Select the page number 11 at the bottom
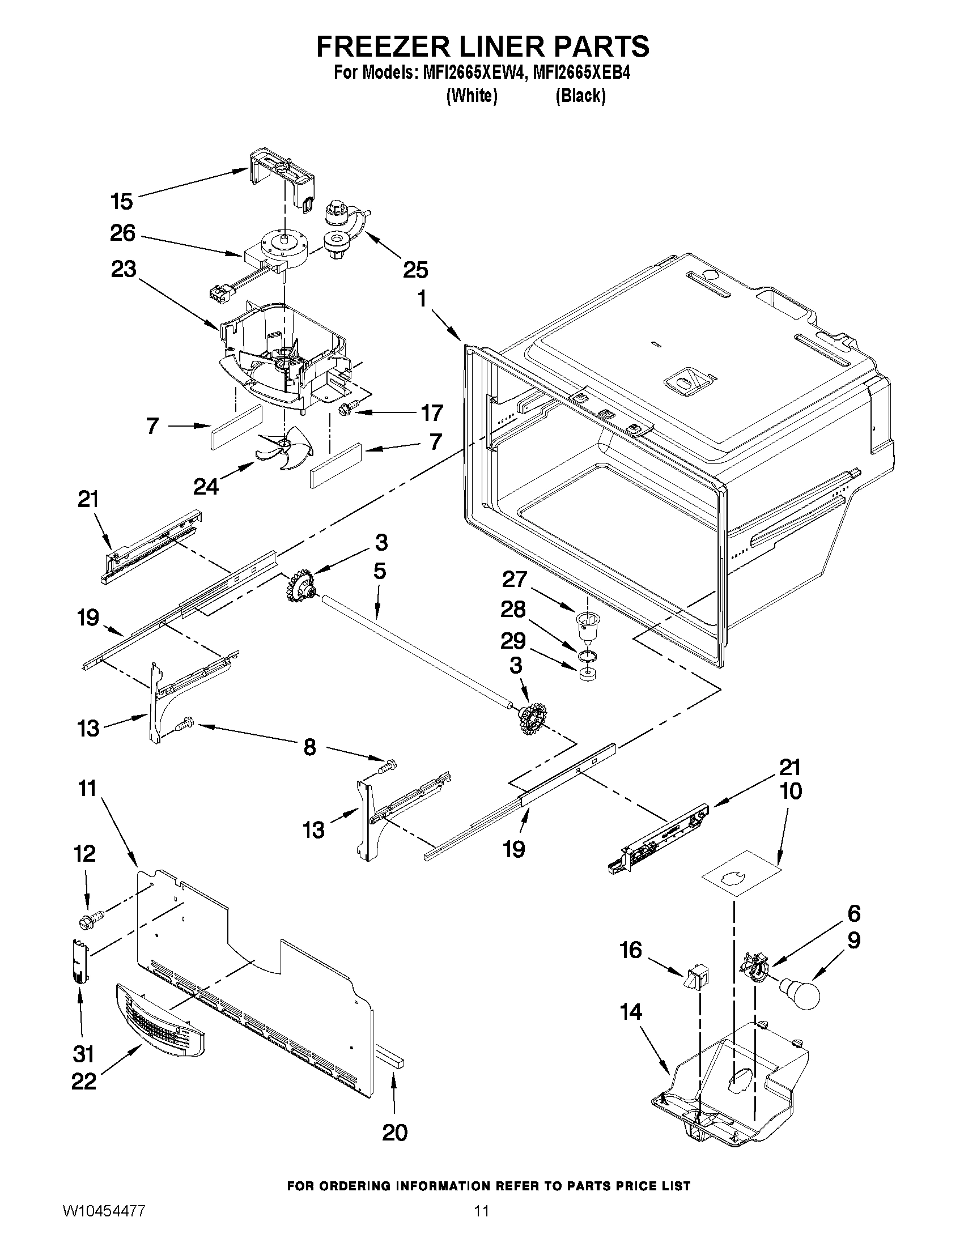point(481,1226)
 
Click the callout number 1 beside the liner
point(422,299)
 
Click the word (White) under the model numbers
point(471,95)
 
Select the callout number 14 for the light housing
point(631,1012)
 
